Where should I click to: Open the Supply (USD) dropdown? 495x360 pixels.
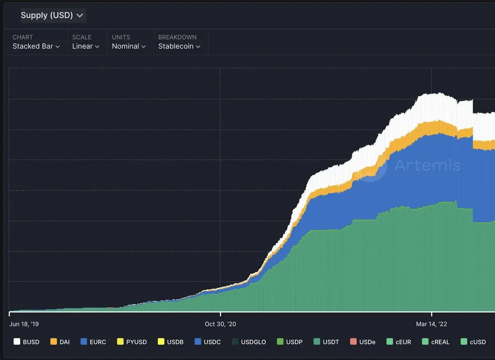click(x=52, y=15)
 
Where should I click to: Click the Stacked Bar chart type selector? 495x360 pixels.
click(x=36, y=46)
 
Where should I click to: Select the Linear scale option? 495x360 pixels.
click(x=86, y=46)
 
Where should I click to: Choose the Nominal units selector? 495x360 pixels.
click(x=129, y=46)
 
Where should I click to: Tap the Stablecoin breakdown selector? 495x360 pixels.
click(x=179, y=46)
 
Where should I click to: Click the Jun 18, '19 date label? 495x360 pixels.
click(x=24, y=324)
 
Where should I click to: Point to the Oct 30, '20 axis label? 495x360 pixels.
click(x=220, y=324)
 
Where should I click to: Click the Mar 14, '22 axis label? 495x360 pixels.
click(x=431, y=324)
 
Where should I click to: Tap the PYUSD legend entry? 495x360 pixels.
click(x=132, y=342)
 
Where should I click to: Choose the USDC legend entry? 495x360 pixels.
click(x=207, y=342)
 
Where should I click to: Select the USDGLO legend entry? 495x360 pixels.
click(x=248, y=342)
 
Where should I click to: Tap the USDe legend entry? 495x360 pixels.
click(x=362, y=342)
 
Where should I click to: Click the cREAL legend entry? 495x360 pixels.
click(x=436, y=342)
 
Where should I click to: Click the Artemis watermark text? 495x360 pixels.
click(x=427, y=166)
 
